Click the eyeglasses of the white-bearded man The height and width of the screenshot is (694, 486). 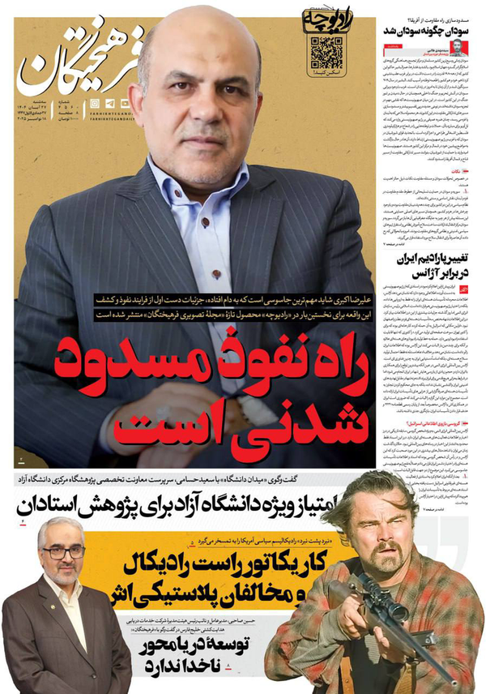[x=63, y=552]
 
